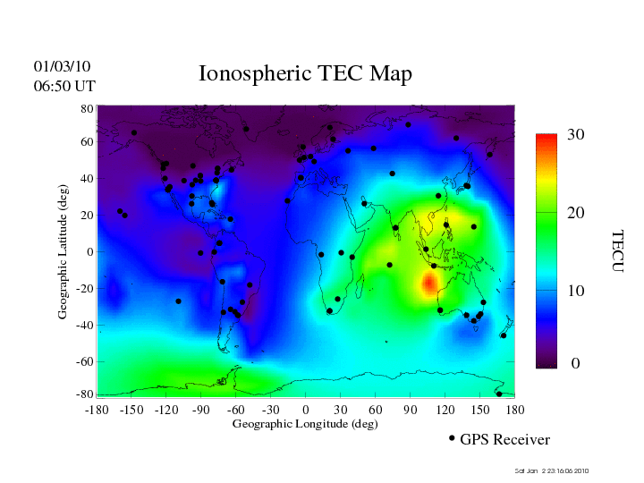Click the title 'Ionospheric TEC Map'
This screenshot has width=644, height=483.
(305, 73)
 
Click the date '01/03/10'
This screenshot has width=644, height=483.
(62, 66)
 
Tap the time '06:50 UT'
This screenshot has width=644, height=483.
(64, 86)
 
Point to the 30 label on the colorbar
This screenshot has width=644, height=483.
(575, 134)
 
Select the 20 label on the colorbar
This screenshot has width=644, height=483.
(575, 216)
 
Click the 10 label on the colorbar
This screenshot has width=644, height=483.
(575, 292)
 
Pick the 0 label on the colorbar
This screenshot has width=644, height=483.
(575, 364)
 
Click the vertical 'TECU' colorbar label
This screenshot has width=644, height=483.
(616, 251)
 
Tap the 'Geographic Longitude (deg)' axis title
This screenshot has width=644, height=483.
(305, 424)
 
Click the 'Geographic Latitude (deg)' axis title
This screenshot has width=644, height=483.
(64, 258)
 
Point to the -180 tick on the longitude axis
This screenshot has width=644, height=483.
(97, 410)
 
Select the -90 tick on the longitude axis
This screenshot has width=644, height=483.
(200, 410)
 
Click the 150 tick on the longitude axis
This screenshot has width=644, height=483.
(479, 410)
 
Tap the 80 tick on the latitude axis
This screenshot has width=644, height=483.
(88, 108)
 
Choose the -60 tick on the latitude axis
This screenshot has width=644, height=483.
(85, 361)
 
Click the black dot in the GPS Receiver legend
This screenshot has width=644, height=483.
(452, 438)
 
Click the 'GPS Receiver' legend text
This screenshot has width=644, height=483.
(504, 439)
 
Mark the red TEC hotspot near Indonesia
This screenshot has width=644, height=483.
(428, 283)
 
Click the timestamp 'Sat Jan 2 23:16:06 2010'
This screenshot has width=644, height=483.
(552, 470)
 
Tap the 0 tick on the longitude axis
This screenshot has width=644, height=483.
(305, 410)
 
